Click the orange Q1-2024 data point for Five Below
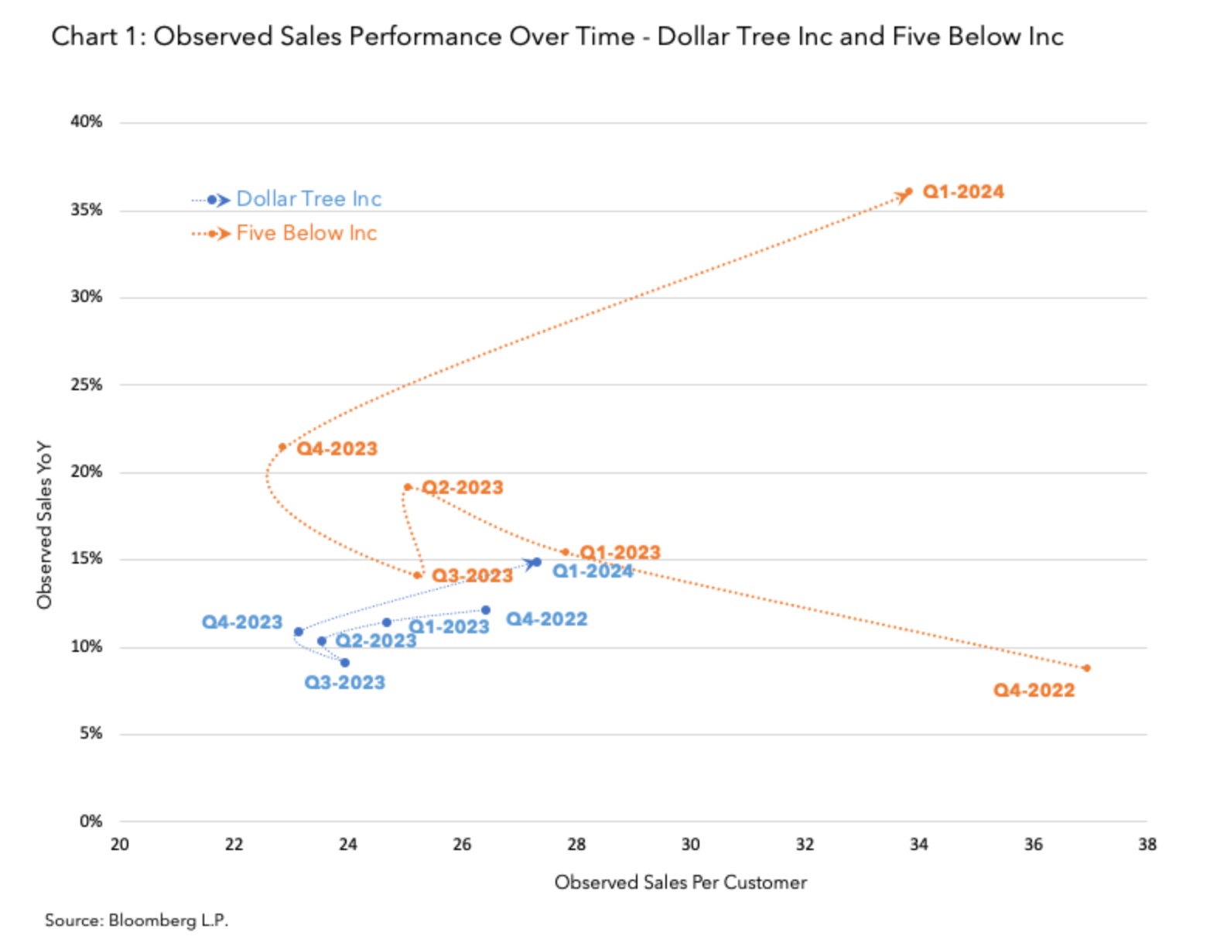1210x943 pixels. (x=909, y=191)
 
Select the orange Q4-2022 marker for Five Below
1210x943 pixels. (x=1087, y=668)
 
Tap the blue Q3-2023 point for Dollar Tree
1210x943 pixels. (x=345, y=663)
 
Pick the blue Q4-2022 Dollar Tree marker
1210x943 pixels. (x=486, y=610)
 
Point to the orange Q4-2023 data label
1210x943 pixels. (x=337, y=449)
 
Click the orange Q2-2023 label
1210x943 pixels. (x=463, y=488)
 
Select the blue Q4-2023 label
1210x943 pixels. (x=242, y=622)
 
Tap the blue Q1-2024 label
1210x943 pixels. (x=593, y=571)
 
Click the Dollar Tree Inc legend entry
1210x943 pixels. (x=309, y=199)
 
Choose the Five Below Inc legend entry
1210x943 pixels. (x=306, y=233)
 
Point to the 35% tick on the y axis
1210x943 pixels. (x=87, y=210)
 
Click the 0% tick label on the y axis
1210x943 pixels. (x=91, y=821)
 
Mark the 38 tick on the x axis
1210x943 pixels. (x=1147, y=845)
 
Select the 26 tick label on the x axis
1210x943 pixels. (x=462, y=845)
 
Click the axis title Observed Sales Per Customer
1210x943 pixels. (x=680, y=883)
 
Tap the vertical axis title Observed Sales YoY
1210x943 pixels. (x=44, y=525)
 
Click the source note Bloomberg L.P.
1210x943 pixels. (x=137, y=921)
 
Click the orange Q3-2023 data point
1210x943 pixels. (x=418, y=575)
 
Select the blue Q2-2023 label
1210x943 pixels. (x=376, y=641)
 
